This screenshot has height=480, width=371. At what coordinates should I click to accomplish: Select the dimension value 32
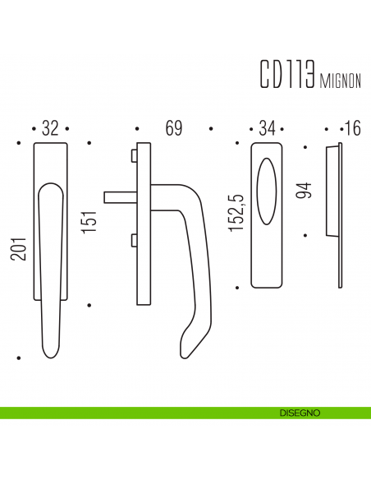pos(50,128)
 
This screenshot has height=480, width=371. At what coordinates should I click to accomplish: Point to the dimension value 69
pos(173,128)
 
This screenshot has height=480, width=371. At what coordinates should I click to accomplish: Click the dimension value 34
pos(266,128)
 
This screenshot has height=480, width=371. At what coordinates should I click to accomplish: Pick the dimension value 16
pos(353,128)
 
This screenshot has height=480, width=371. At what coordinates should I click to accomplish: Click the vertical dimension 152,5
pos(236,213)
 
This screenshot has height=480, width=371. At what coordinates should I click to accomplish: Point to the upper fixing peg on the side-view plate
pos(132,155)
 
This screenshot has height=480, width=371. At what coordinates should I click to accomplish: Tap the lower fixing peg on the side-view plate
pos(132,239)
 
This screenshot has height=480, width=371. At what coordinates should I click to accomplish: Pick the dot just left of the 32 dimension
pos(31,129)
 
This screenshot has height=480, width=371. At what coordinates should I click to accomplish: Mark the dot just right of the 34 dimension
pos(284,129)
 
